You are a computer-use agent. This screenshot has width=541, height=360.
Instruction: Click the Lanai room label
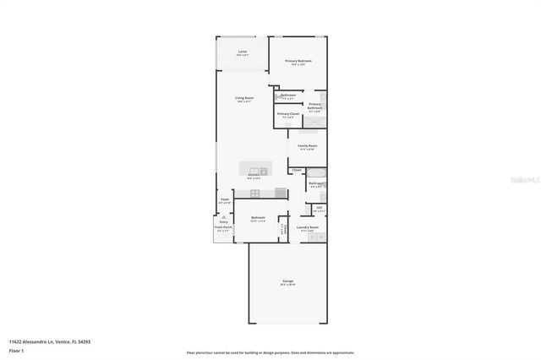click(x=243, y=52)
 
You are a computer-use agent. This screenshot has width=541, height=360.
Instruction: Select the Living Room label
click(x=244, y=98)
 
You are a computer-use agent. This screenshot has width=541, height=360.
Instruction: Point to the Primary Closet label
click(x=287, y=113)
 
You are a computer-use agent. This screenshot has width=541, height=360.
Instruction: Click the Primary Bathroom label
click(x=314, y=107)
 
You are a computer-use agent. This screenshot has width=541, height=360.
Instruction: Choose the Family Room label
click(x=307, y=146)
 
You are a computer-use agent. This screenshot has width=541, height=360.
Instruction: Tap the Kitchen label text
click(x=254, y=176)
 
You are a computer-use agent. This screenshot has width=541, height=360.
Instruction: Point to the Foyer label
click(x=225, y=199)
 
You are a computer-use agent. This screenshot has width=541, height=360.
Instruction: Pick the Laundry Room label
click(x=307, y=226)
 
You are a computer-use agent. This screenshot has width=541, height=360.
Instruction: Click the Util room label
click(x=319, y=209)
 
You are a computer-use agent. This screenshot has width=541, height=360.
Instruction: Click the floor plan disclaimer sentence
click(x=270, y=352)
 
